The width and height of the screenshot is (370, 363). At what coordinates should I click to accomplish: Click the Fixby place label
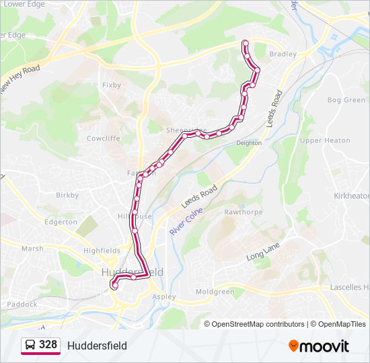pyautogui.click(x=111, y=85)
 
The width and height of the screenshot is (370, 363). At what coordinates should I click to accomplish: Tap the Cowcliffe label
pyautogui.click(x=103, y=138)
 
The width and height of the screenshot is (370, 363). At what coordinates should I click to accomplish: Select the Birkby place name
pyautogui.click(x=67, y=196)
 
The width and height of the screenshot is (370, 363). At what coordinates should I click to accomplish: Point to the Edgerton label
pyautogui.click(x=61, y=222)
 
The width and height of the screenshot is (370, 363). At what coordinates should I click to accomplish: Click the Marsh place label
pyautogui.click(x=32, y=249)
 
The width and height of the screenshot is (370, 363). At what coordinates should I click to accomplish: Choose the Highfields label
pyautogui.click(x=102, y=251)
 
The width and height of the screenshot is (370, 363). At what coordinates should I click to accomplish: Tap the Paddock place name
pyautogui.click(x=22, y=304)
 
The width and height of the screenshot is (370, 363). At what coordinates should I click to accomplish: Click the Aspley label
pyautogui.click(x=164, y=296)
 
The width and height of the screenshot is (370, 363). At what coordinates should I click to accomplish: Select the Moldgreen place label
pyautogui.click(x=215, y=292)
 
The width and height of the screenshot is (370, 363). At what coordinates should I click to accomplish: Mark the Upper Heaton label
pyautogui.click(x=325, y=140)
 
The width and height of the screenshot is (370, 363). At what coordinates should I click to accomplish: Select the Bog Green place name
pyautogui.click(x=346, y=100)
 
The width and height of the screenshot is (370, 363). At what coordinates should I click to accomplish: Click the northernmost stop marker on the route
pyautogui.click(x=245, y=44)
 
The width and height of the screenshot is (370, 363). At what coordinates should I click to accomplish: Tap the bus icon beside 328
pyautogui.click(x=30, y=346)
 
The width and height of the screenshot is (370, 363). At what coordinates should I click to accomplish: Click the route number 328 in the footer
pyautogui.click(x=48, y=346)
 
